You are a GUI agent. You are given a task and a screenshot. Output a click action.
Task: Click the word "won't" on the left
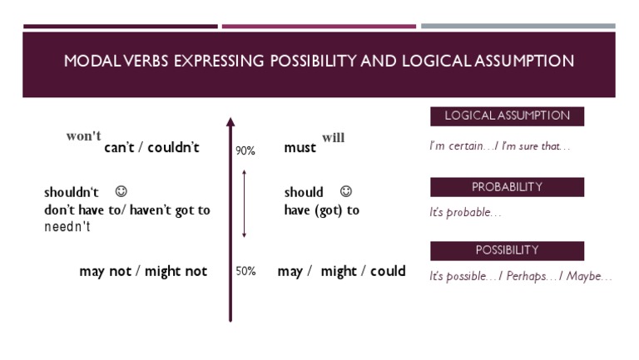(x=84, y=136)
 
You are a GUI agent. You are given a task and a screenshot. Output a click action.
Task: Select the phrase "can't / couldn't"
(x=151, y=148)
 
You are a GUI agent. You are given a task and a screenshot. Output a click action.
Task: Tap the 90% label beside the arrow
(x=245, y=151)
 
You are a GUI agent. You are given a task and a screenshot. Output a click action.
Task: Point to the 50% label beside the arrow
(x=245, y=271)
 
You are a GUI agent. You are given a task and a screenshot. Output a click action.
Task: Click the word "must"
(x=300, y=149)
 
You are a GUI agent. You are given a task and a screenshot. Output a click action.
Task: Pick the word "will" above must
(x=333, y=138)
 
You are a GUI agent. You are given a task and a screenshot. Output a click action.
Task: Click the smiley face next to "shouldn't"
(x=121, y=192)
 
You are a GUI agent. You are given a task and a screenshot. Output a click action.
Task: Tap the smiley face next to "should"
(x=346, y=192)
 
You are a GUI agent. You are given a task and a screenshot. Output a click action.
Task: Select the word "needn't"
(x=67, y=227)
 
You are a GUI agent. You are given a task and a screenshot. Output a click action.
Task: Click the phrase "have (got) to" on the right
(x=321, y=210)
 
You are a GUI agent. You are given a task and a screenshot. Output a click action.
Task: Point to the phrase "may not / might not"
(x=143, y=271)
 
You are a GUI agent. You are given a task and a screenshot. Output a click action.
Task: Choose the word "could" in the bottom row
(x=388, y=271)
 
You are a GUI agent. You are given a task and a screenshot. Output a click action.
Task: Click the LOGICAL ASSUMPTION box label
(x=507, y=116)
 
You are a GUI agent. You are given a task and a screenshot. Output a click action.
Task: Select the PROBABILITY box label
(x=507, y=187)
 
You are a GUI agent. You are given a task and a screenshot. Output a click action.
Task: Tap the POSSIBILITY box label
(x=507, y=250)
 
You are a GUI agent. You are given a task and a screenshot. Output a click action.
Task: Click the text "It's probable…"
(x=465, y=213)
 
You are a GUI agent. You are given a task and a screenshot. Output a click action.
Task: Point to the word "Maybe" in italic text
(x=588, y=277)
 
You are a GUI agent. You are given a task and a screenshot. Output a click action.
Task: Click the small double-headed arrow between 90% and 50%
(x=244, y=204)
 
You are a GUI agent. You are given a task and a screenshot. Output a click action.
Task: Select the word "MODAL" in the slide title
(x=92, y=62)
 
